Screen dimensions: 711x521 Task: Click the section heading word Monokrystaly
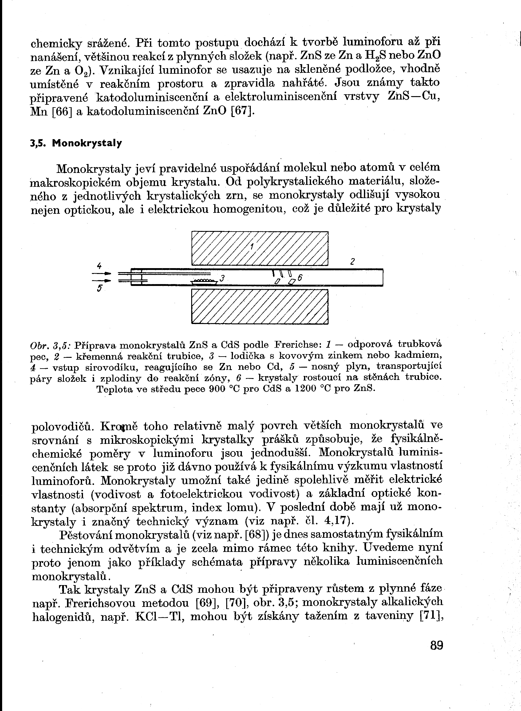pyautogui.click(x=87, y=144)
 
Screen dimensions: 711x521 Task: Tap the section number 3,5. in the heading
pyautogui.click(x=38, y=144)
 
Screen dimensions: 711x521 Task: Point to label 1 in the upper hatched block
pyautogui.click(x=252, y=247)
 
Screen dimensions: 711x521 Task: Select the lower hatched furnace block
pyautogui.click(x=260, y=306)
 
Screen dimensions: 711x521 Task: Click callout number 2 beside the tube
pyautogui.click(x=353, y=261)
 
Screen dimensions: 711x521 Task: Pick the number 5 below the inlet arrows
pyautogui.click(x=99, y=288)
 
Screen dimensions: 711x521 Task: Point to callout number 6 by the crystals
pyautogui.click(x=300, y=277)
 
